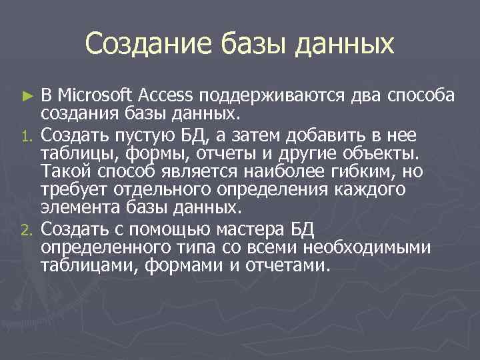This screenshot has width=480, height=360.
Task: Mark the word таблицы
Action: click(71, 154)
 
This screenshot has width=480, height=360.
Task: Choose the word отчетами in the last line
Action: click(291, 266)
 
